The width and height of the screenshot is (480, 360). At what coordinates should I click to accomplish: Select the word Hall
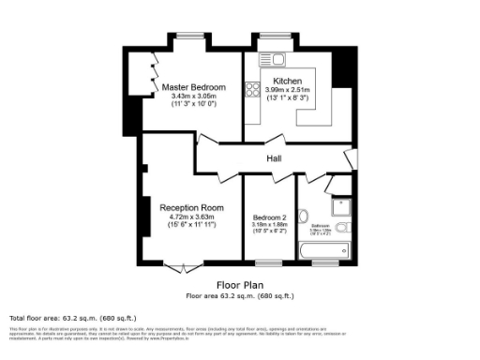coord(274,159)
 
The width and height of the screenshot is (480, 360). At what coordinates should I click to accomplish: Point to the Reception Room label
coord(190,207)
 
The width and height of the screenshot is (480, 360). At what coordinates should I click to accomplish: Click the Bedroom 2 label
coord(269,217)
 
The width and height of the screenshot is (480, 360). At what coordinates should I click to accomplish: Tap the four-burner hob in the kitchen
coord(251,90)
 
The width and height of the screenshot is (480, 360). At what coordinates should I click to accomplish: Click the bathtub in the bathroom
coord(320,250)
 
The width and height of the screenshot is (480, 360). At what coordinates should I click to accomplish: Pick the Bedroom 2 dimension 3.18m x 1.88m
coord(269,225)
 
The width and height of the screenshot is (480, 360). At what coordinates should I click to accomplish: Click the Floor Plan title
coord(240,285)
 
